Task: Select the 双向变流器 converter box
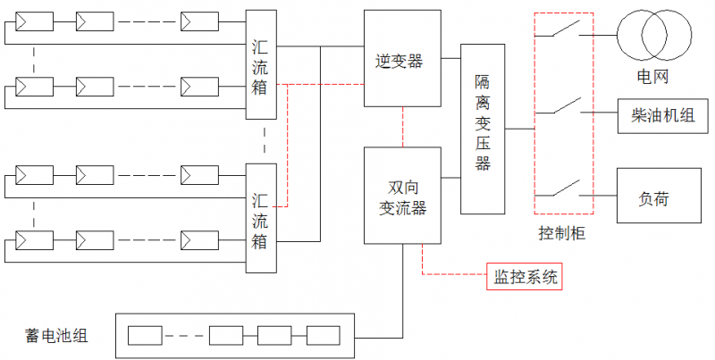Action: (x=402, y=196)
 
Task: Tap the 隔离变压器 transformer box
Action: (x=483, y=128)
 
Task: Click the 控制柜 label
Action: (x=562, y=233)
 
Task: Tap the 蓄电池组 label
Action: (x=55, y=336)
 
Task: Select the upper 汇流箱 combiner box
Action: (x=262, y=64)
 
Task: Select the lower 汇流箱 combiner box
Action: (x=262, y=218)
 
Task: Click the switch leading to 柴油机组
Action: (x=564, y=110)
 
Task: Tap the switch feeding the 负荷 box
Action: (x=564, y=190)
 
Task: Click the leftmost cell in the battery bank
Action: (x=144, y=336)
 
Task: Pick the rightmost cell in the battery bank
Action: (x=323, y=336)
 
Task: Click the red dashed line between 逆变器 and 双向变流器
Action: (x=403, y=128)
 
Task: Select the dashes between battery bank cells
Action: (x=185, y=336)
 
